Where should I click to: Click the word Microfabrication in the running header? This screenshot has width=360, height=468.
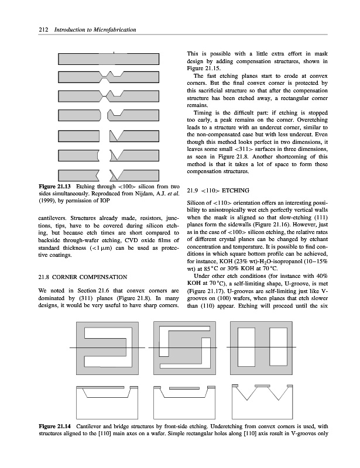[x=112, y=30]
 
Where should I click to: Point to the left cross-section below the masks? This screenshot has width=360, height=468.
[x=109, y=400]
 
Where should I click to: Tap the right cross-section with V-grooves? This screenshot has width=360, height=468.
[x=263, y=400]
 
